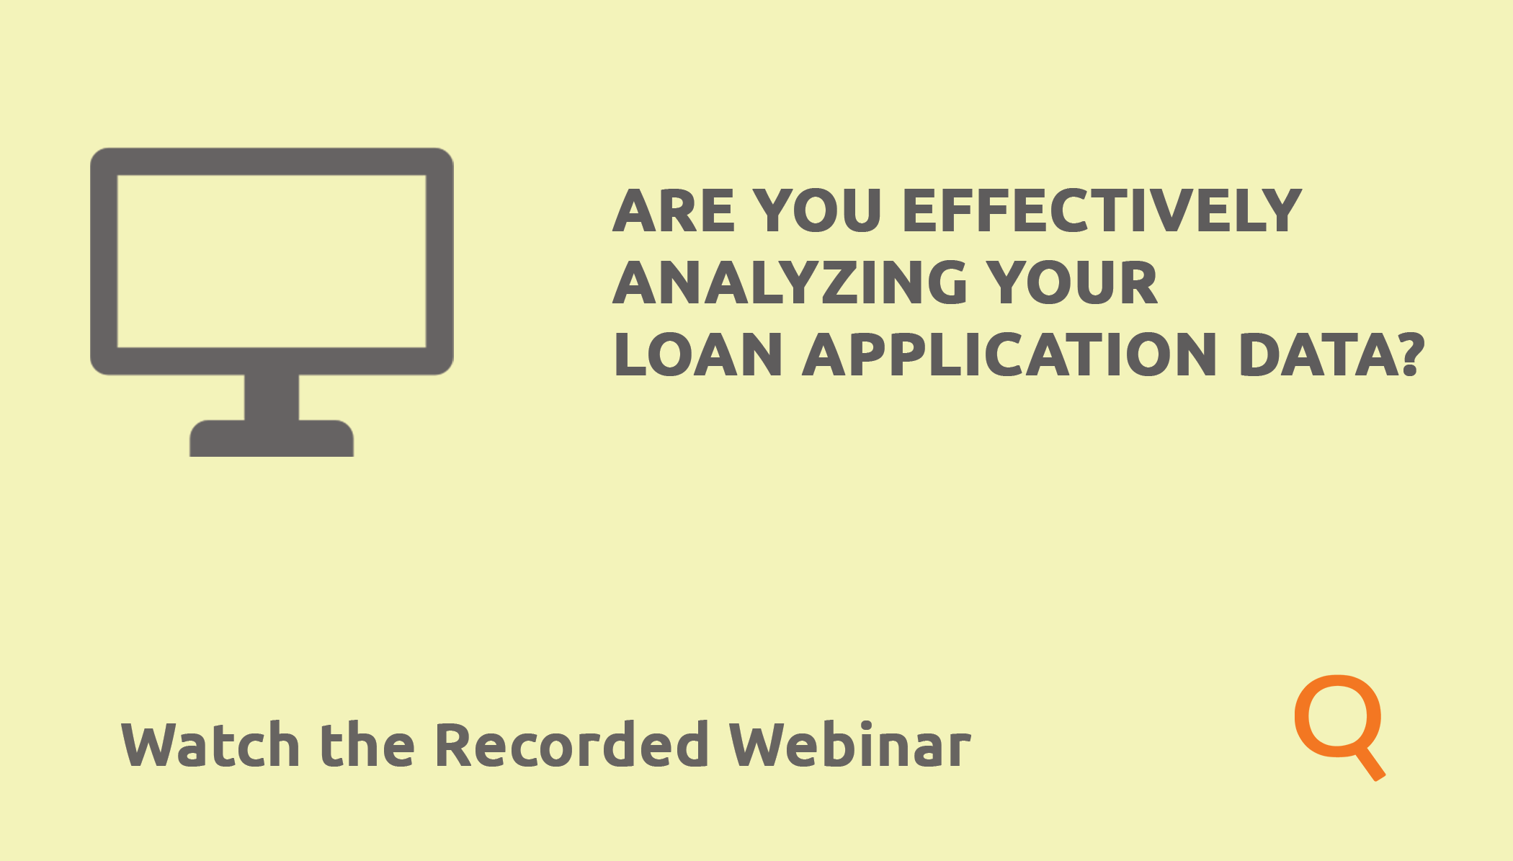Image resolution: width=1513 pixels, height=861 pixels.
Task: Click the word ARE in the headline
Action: pyautogui.click(x=674, y=210)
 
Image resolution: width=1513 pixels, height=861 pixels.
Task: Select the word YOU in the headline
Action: pyautogui.click(x=818, y=210)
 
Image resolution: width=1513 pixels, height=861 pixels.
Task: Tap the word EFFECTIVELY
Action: pyautogui.click(x=1102, y=210)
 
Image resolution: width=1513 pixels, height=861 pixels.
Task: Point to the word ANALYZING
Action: pyautogui.click(x=790, y=282)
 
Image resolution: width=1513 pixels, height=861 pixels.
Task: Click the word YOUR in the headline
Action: pyautogui.click(x=1071, y=282)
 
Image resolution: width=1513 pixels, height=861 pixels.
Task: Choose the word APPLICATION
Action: pyautogui.click(x=1010, y=354)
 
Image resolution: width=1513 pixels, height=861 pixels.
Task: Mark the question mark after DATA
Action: pyautogui.click(x=1412, y=354)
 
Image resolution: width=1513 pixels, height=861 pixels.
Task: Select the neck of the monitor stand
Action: pyautogui.click(x=272, y=397)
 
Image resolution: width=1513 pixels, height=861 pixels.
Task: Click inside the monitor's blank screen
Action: pyautogui.click(x=272, y=261)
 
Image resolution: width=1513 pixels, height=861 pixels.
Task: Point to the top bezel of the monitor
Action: pyautogui.click(x=272, y=161)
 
